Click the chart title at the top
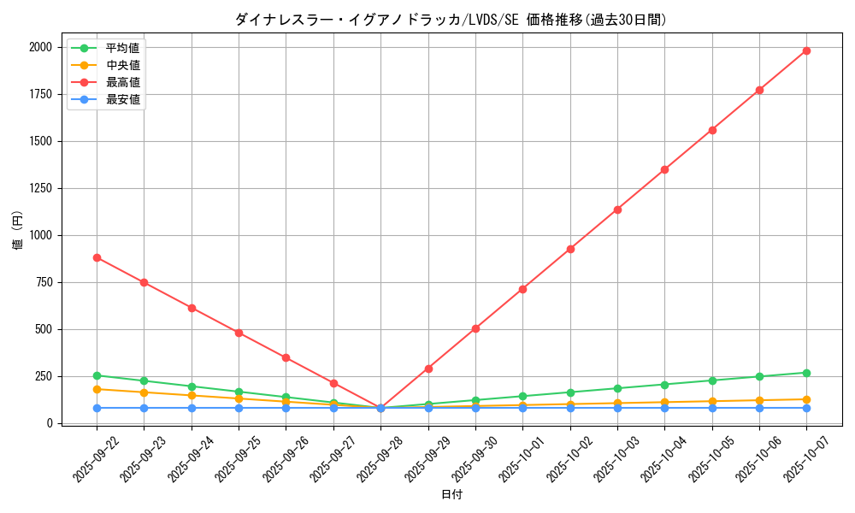click(x=451, y=20)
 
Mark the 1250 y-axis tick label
click(x=41, y=188)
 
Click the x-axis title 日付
click(x=451, y=495)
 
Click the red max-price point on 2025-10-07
click(x=806, y=50)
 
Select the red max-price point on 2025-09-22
click(x=97, y=257)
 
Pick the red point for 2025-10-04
click(x=664, y=169)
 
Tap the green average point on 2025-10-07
click(x=806, y=373)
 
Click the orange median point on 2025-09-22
click(x=97, y=389)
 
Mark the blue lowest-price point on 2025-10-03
click(x=617, y=408)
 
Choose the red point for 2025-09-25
click(x=239, y=333)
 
